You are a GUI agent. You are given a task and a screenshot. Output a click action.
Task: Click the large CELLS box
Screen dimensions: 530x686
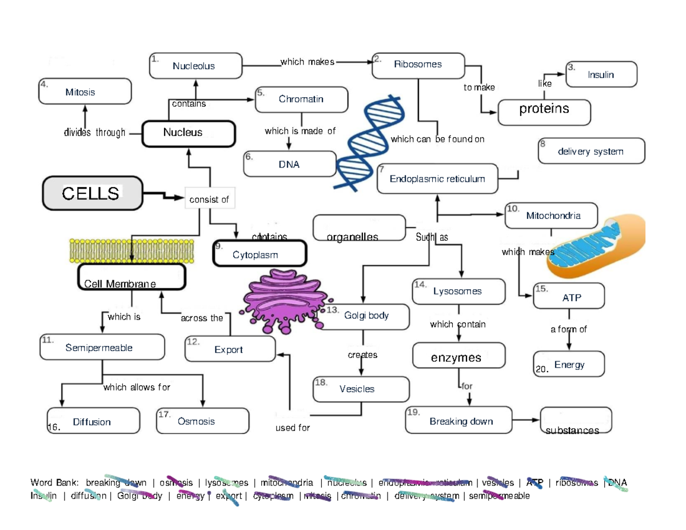(x=91, y=193)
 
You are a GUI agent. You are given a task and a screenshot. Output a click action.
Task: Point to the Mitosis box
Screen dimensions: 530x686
(x=84, y=91)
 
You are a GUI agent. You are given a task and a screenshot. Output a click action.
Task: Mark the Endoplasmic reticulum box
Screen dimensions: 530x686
(x=437, y=180)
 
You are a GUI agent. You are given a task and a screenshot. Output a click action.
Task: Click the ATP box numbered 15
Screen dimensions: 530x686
(x=568, y=297)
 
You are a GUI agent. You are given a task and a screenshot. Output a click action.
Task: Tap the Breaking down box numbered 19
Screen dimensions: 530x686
(x=458, y=421)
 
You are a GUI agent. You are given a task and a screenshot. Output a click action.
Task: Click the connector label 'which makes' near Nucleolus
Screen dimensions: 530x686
(x=307, y=62)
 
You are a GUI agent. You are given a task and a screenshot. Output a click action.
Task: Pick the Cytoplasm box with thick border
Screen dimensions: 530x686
(x=259, y=254)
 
